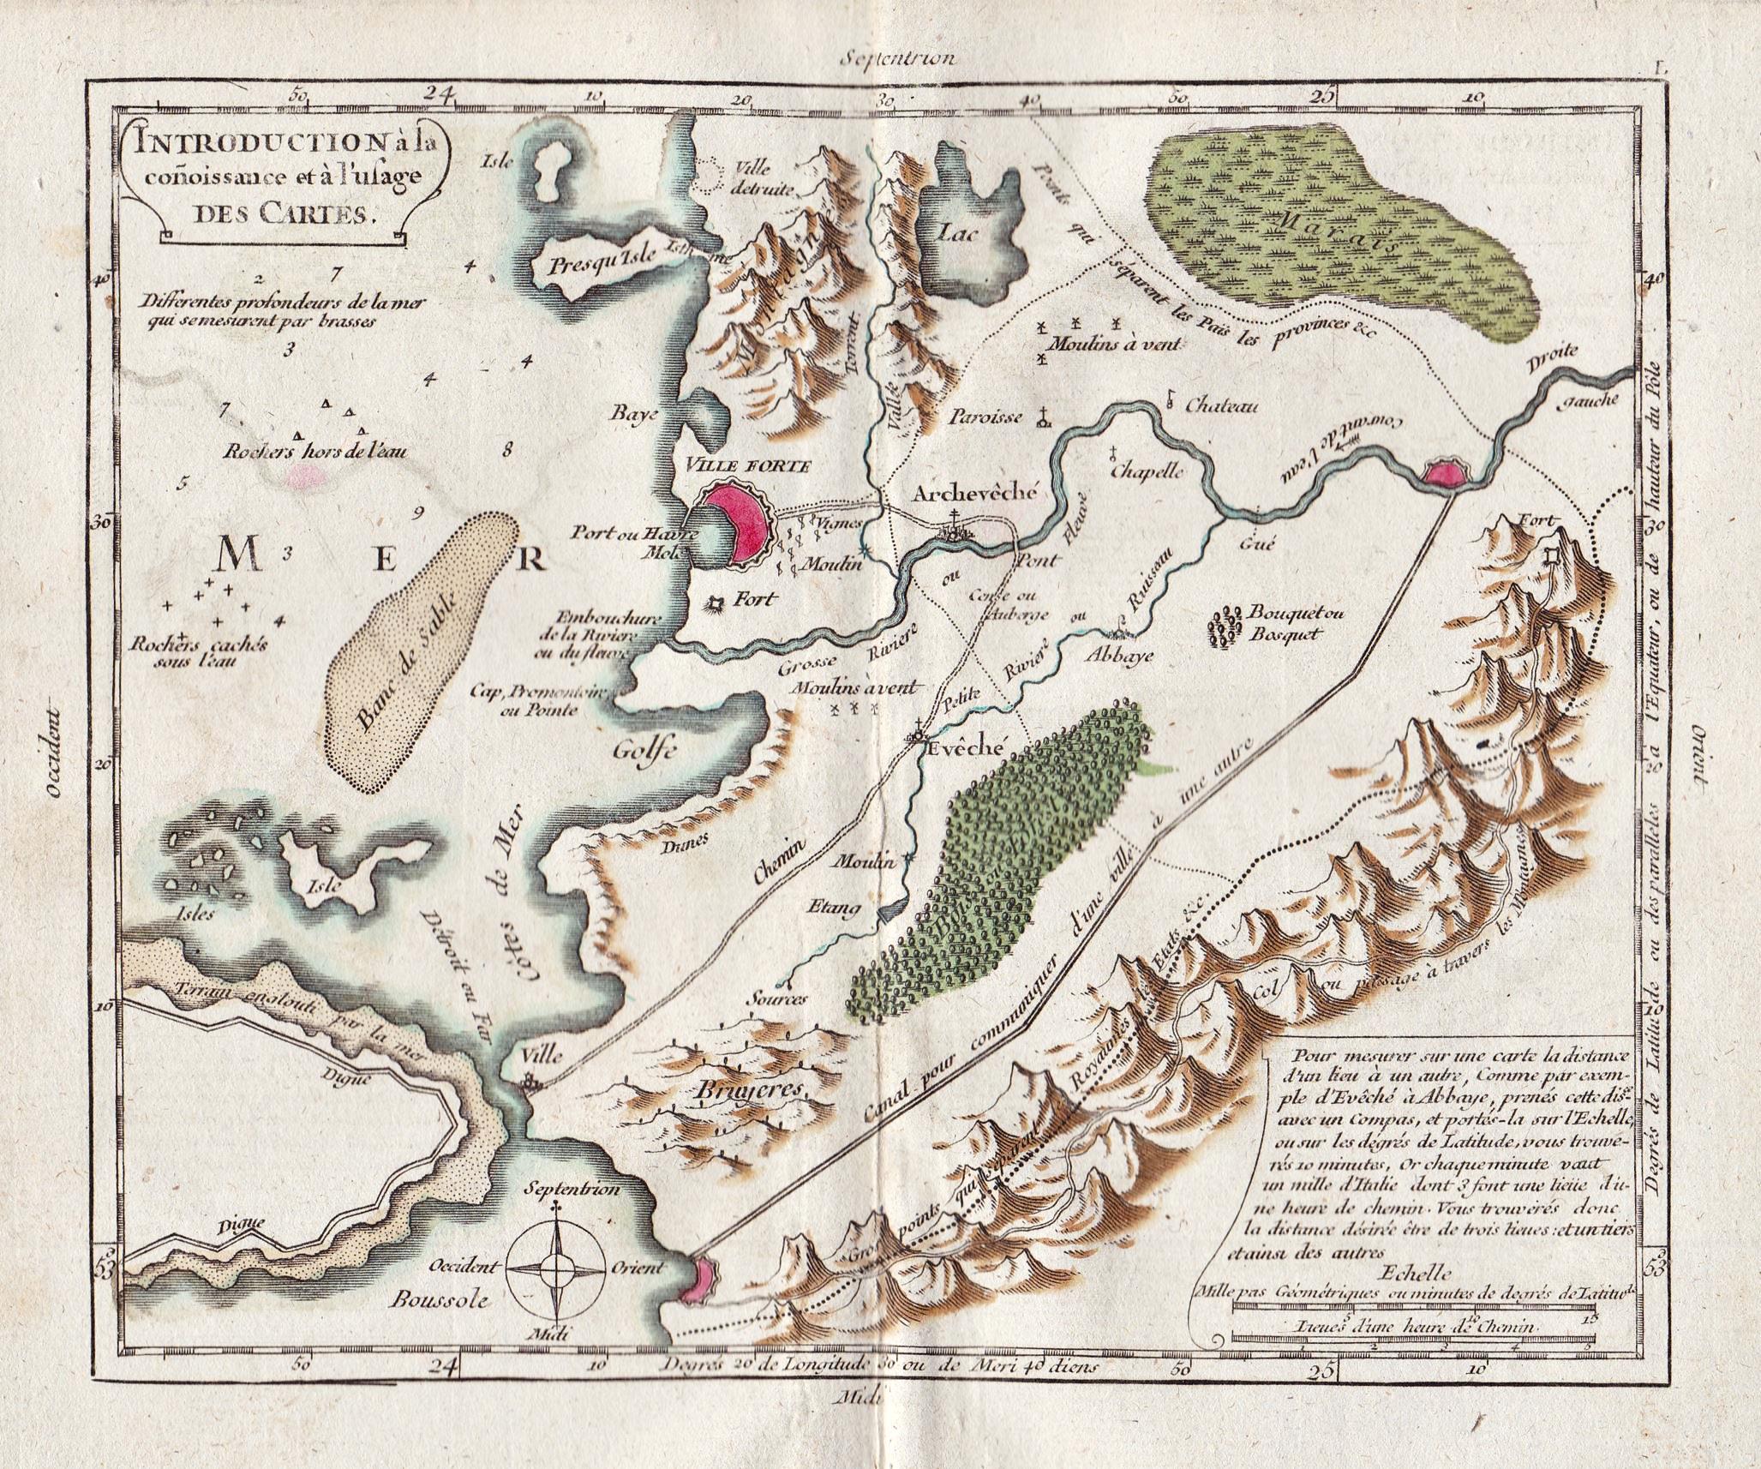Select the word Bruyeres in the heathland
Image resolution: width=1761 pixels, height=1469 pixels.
pyautogui.click(x=754, y=1089)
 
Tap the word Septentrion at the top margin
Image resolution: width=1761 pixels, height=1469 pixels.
pyautogui.click(x=897, y=59)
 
